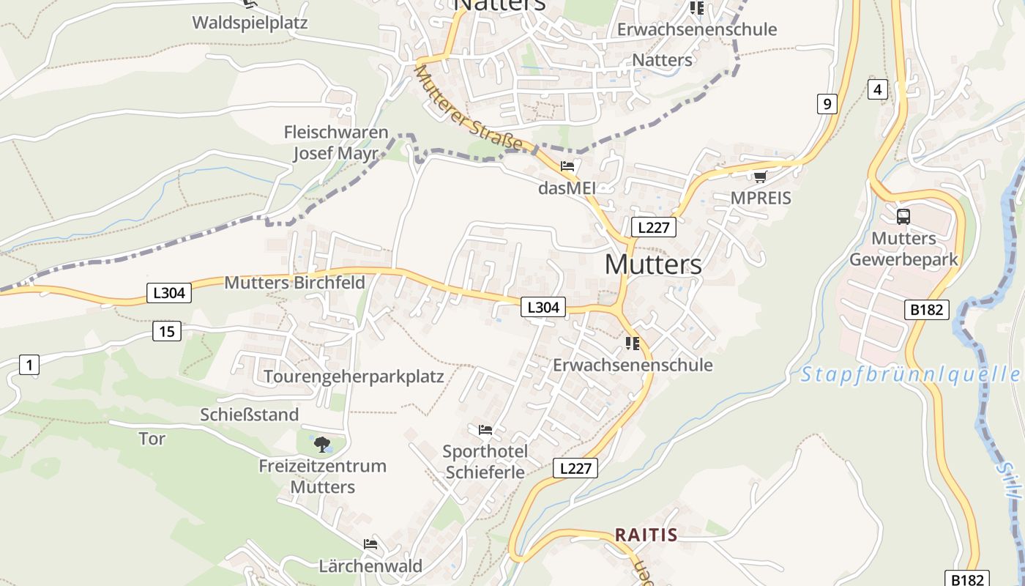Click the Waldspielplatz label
[250, 23]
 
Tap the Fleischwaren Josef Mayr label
[336, 143]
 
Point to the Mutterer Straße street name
[469, 109]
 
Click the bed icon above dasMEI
[567, 166]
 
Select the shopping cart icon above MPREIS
[760, 177]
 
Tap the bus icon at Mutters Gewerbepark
[903, 217]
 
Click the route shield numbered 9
[827, 104]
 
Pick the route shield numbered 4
[877, 89]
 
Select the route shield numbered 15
[167, 332]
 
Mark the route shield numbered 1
[29, 365]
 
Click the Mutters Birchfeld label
[294, 283]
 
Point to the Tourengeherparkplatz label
[354, 377]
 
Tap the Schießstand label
[250, 415]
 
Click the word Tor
[152, 439]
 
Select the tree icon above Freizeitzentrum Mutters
[321, 444]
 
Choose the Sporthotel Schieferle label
[484, 461]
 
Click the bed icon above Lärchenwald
[370, 544]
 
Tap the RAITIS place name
[646, 535]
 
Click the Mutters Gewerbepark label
[903, 249]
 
